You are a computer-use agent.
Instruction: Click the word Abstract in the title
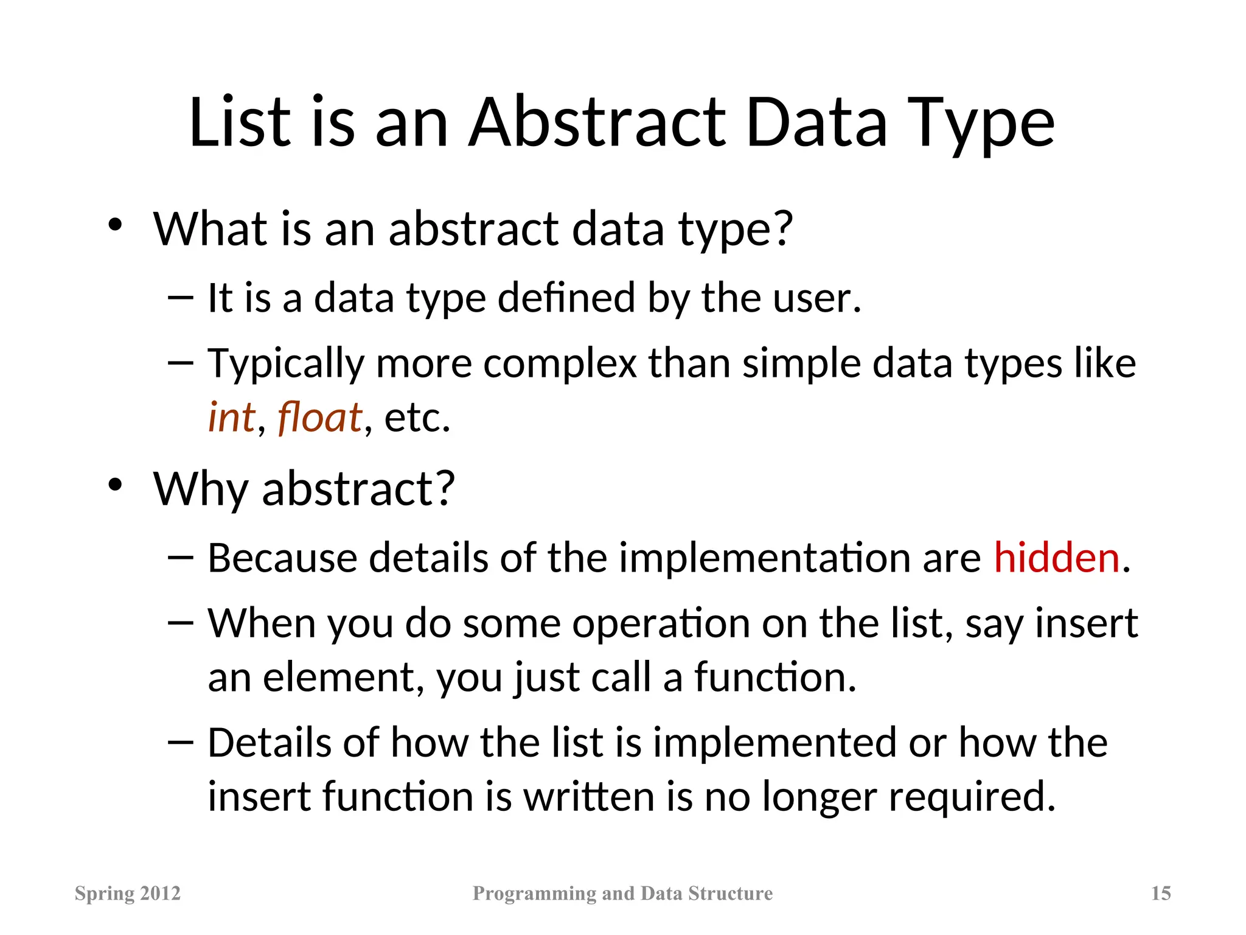click(x=597, y=123)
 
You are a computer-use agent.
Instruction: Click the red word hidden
click(x=1057, y=558)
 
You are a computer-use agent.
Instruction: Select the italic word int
click(x=231, y=418)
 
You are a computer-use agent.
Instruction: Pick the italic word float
click(x=320, y=418)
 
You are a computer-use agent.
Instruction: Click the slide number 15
click(x=1161, y=893)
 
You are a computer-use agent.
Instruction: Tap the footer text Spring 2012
click(x=128, y=893)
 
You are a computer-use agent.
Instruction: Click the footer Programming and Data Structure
click(x=622, y=893)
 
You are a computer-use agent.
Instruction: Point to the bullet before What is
click(x=115, y=226)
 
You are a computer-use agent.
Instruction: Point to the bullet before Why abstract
click(x=115, y=486)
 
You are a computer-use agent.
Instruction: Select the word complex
click(x=560, y=364)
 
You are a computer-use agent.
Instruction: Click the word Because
click(x=282, y=558)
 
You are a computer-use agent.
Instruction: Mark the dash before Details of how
click(x=180, y=742)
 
